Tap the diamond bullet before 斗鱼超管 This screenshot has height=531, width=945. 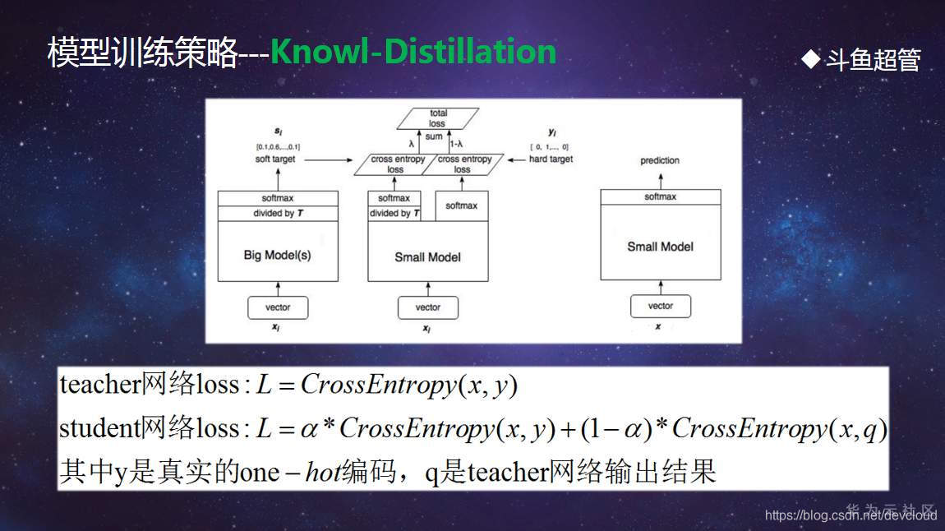click(x=811, y=58)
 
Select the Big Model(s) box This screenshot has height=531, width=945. click(x=278, y=255)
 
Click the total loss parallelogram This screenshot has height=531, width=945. click(x=437, y=119)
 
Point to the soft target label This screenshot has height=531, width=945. click(x=274, y=159)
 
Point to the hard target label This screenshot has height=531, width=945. click(x=551, y=159)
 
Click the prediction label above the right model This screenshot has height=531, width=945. click(x=660, y=160)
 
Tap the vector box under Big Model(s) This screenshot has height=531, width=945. click(x=278, y=307)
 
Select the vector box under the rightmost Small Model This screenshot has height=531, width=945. click(x=661, y=306)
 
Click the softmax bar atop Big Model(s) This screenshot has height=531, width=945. click(x=278, y=198)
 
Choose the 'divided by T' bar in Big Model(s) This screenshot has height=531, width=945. click(x=278, y=214)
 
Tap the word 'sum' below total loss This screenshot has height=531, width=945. click(x=434, y=136)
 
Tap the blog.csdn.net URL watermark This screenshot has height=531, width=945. click(x=850, y=515)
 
